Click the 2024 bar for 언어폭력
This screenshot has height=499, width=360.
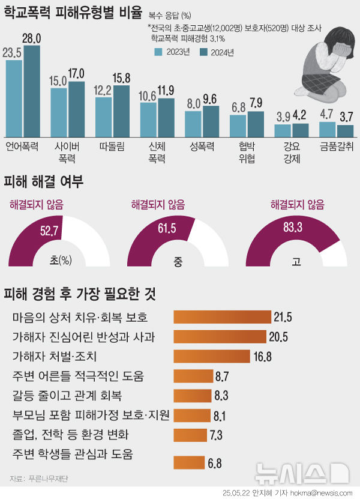(x=31, y=91)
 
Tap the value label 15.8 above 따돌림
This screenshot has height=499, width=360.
(x=121, y=77)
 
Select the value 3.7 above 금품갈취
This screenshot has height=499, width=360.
(x=346, y=116)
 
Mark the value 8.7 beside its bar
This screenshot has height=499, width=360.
(x=222, y=377)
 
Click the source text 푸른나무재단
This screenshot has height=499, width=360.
(x=38, y=479)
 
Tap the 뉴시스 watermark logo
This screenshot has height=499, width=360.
(x=300, y=474)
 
